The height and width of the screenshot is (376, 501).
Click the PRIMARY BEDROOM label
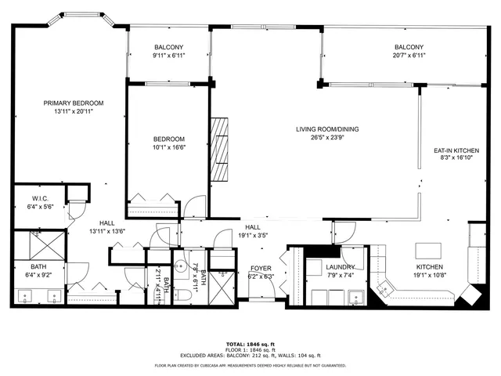click(74, 103)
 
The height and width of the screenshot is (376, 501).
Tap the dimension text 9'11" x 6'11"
click(168, 56)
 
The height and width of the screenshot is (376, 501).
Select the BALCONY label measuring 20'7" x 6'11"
click(409, 47)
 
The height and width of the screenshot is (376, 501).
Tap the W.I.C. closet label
click(41, 198)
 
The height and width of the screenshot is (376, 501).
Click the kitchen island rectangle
click(428, 251)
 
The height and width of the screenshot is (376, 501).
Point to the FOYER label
click(261, 268)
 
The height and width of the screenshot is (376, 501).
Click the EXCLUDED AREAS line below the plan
click(250, 356)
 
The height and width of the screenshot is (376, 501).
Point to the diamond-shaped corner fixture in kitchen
click(473, 295)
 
